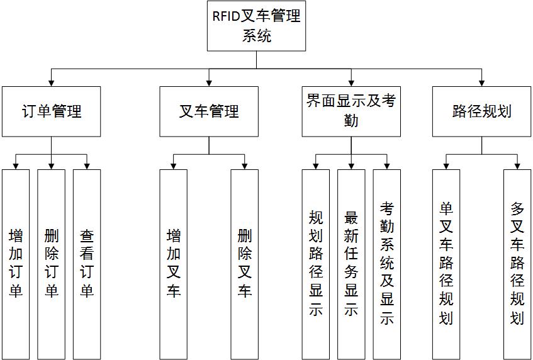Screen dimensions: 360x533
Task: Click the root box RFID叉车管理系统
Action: coord(257,26)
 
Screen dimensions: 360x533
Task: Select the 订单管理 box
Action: coord(51,111)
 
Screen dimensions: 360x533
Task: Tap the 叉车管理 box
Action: coord(209,111)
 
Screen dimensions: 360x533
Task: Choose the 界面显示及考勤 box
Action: coord(351,111)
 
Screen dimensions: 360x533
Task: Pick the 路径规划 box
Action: coord(482,111)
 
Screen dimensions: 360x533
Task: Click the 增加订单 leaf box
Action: coord(16,264)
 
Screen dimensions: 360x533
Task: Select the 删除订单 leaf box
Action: coord(51,264)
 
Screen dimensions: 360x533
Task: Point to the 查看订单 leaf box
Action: coord(87,264)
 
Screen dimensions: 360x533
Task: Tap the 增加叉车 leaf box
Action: coord(173,264)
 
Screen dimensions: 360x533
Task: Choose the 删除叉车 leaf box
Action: coord(244,264)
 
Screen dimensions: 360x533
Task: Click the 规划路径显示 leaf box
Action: coord(316,264)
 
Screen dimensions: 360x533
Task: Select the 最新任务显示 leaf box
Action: coord(351,264)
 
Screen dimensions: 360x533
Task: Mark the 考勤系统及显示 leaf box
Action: coord(387,264)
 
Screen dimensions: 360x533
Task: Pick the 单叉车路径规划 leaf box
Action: coord(446,264)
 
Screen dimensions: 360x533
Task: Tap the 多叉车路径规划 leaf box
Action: coord(517,264)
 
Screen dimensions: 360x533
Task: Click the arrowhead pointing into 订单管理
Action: coord(51,82)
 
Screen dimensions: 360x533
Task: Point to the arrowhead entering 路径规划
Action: coord(482,82)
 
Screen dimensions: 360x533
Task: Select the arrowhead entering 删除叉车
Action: coord(244,166)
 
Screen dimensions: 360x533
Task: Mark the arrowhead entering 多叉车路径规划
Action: coord(517,166)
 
